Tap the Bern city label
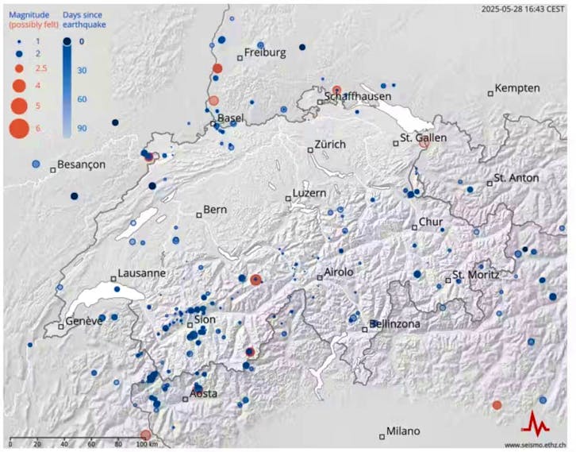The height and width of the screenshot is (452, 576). coord(215,211)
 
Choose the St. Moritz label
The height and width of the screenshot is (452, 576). coord(475,275)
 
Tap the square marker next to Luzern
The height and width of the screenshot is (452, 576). coord(288,199)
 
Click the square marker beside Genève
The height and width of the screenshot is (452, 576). coord(61,326)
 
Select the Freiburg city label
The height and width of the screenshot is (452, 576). coord(264,53)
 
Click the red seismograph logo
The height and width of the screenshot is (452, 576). coord(540,423)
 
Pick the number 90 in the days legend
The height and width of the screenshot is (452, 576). coord(82,128)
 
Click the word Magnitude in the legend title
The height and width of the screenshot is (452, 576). coord(27,14)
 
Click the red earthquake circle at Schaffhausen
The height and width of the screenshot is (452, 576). coord(336,91)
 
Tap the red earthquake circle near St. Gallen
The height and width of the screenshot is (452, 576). coord(424,145)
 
